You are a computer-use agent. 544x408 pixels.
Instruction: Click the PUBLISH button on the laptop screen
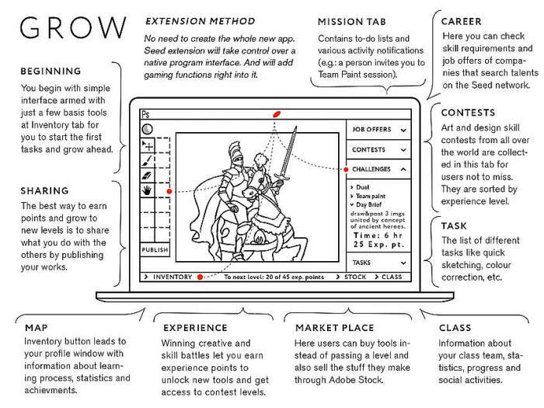coord(155,250)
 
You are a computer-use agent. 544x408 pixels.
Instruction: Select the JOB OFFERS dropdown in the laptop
coord(378,130)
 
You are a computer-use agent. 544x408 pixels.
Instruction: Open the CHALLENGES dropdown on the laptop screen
coord(378,169)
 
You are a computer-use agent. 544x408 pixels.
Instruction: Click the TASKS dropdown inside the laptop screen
coord(378,263)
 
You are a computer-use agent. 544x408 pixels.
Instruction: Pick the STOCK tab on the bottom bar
coord(354,277)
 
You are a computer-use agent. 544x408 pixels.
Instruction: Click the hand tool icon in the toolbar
coord(146,189)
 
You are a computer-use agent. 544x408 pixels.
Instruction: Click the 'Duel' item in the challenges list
coord(363,187)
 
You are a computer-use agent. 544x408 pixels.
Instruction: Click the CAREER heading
coord(461,22)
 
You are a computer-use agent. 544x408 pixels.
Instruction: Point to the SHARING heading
coord(44,190)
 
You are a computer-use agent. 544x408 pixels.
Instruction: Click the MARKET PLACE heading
coord(334,328)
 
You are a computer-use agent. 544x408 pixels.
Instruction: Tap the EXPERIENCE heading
coord(195,328)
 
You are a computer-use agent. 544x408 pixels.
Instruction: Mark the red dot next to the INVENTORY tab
coord(200,277)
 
